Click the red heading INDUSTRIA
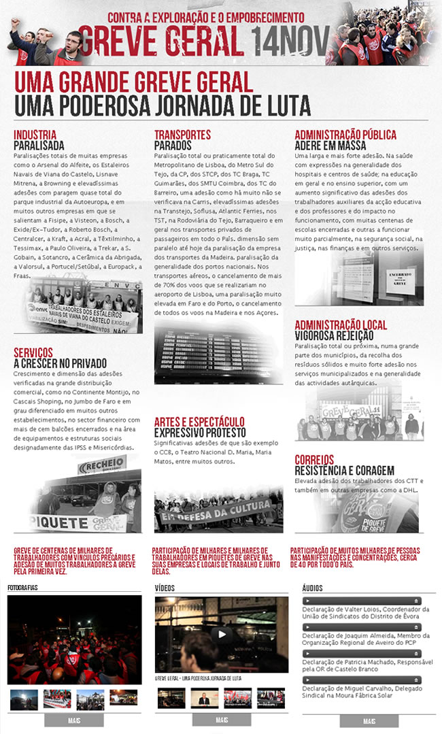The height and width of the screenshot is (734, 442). (x=35, y=135)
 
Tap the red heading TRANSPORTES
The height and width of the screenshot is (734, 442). (x=182, y=135)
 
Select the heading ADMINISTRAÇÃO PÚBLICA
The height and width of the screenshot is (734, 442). (x=345, y=135)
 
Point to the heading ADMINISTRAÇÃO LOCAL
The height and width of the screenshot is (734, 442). (x=340, y=325)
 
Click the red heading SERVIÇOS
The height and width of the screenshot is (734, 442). (x=33, y=352)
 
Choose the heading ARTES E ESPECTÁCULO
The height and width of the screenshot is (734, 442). (x=199, y=422)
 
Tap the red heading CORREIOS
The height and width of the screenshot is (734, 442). (x=314, y=460)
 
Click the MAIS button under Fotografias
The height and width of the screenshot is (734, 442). (x=75, y=720)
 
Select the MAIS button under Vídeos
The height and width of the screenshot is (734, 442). (x=222, y=720)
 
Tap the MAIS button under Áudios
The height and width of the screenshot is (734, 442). (x=369, y=721)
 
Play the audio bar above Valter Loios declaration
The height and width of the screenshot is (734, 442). (x=362, y=601)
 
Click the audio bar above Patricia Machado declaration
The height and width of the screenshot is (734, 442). (x=362, y=654)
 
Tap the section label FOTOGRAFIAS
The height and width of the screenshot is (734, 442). (x=22, y=587)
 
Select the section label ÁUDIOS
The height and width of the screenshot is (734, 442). (x=312, y=587)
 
